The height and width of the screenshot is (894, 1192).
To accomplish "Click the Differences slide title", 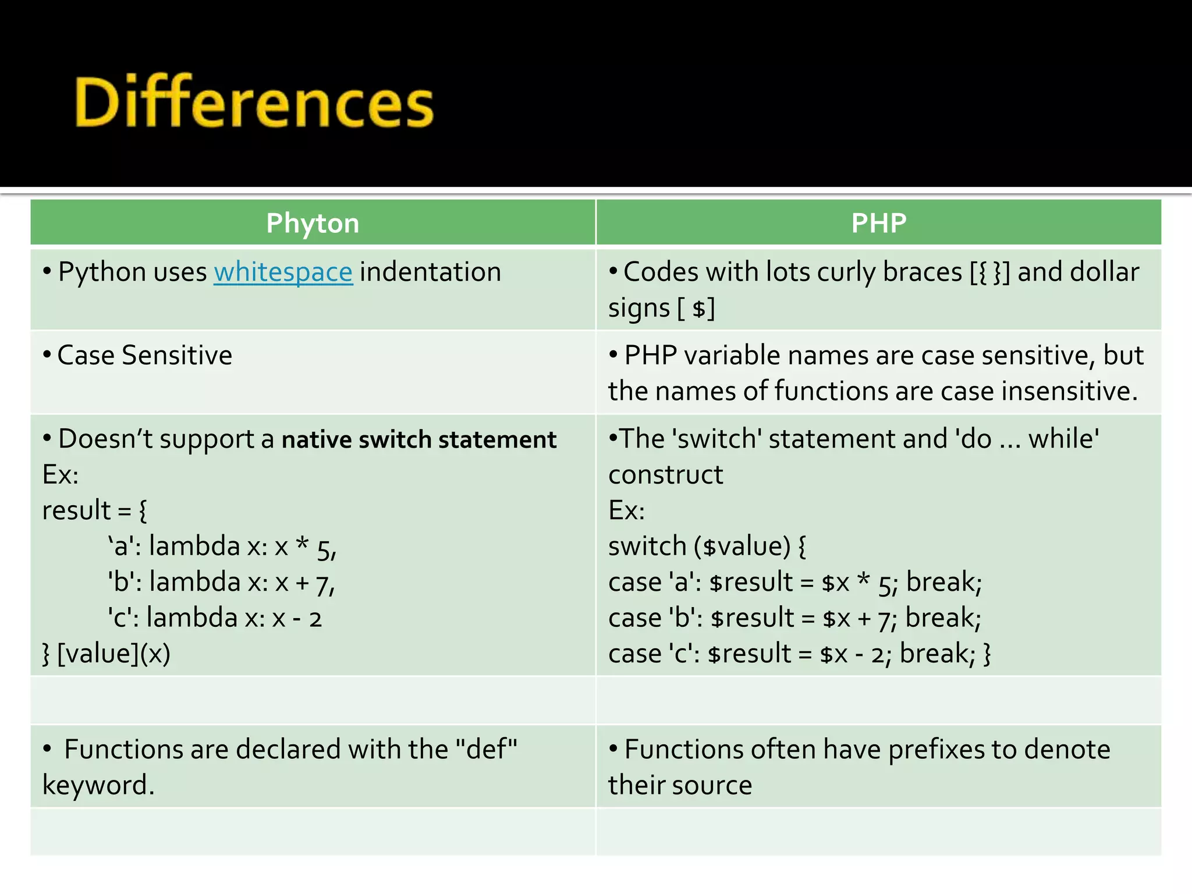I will tap(254, 102).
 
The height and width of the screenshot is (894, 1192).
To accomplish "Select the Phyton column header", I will tap(313, 223).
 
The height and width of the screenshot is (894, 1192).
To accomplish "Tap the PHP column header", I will tap(878, 223).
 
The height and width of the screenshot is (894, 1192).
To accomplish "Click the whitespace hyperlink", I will tap(283, 272).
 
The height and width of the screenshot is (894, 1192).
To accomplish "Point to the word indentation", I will tap(430, 272).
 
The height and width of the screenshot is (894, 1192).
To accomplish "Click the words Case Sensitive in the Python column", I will tap(144, 356).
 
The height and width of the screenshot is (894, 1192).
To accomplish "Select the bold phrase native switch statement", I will tap(418, 439).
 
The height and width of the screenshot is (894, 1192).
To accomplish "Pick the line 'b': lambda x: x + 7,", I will tap(221, 583).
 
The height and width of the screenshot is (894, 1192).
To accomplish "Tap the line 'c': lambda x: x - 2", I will tap(214, 618).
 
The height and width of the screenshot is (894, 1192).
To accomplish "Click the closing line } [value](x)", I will tap(107, 654).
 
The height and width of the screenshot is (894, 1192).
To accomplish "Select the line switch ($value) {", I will tap(707, 547).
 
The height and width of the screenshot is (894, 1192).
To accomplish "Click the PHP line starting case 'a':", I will tap(794, 583).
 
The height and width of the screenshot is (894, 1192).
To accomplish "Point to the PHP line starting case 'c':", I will tap(799, 654).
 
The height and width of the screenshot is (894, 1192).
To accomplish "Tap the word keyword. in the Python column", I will tap(98, 785).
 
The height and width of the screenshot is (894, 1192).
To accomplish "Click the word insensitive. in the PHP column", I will tap(1069, 391).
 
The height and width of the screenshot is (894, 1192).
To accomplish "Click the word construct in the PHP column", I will tap(665, 475).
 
